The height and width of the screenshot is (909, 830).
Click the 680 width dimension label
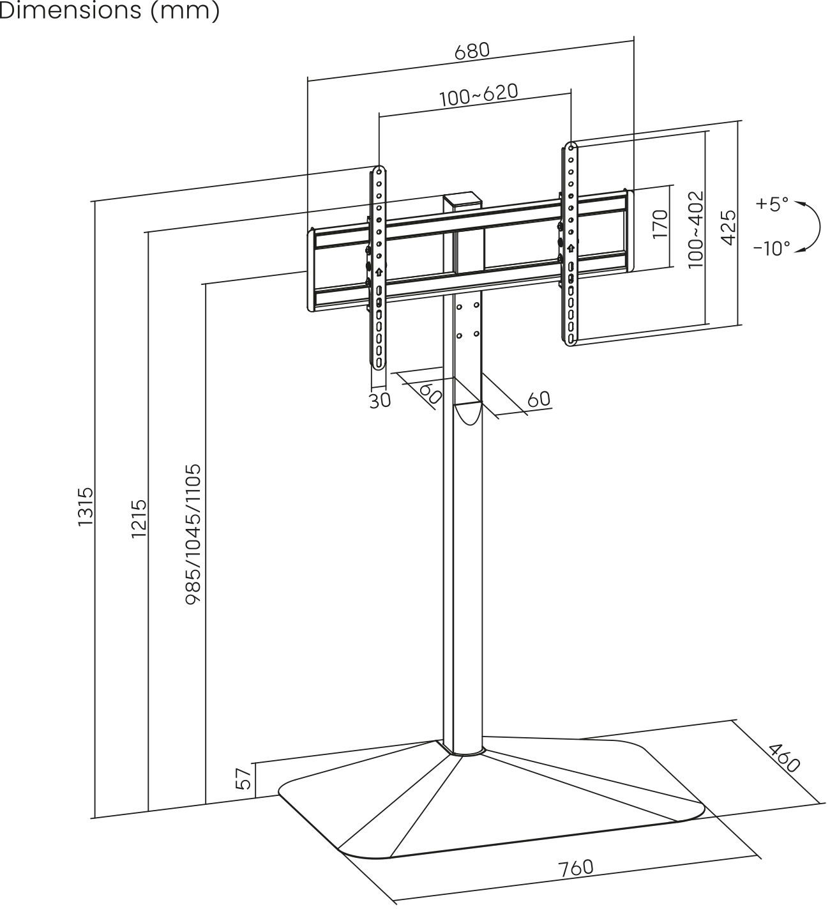click(472, 51)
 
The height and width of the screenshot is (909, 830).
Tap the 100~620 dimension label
click(478, 95)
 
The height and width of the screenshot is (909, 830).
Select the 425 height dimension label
click(728, 226)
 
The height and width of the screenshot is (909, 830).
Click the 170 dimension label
click(660, 224)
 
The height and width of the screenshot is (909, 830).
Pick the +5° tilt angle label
click(772, 204)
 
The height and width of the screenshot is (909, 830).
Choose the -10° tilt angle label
click(771, 248)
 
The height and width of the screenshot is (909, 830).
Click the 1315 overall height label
click(86, 507)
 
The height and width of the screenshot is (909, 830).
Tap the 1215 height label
click(139, 518)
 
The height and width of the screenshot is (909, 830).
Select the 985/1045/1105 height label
click(193, 534)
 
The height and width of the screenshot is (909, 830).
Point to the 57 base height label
click(243, 779)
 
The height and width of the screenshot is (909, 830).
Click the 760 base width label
click(576, 867)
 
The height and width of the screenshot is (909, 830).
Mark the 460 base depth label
click(783, 758)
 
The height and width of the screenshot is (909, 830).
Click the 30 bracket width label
click(379, 401)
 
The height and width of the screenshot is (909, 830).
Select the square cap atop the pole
click(462, 201)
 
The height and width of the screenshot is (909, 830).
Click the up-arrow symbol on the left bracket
click(379, 271)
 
